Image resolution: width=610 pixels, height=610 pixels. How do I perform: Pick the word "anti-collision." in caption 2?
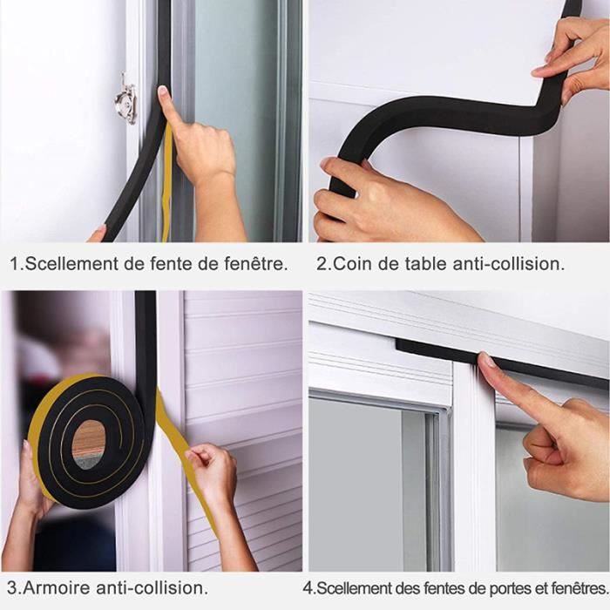tap(508, 264)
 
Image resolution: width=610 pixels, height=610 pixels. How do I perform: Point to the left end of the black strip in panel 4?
tap(396, 344)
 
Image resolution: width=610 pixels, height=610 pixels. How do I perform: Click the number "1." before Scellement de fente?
tap(17, 264)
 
